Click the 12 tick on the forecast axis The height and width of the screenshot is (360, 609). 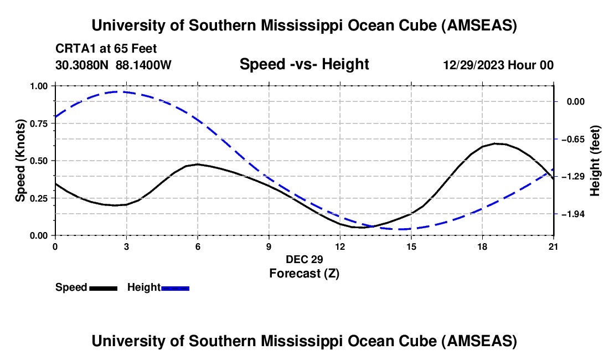pos(340,246)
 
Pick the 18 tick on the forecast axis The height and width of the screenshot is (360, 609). pos(482,246)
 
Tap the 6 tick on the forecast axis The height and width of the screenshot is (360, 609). pos(198,246)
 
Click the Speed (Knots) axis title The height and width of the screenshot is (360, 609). pos(20,160)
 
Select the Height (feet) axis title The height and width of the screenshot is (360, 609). pos(595,161)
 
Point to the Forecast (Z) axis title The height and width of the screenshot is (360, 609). pos(304,273)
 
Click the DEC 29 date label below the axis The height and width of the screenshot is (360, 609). pos(304,259)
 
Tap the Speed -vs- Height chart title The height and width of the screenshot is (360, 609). pos(304,64)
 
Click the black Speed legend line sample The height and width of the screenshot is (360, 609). pos(103,288)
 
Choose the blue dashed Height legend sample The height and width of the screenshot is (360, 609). pos(175,288)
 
